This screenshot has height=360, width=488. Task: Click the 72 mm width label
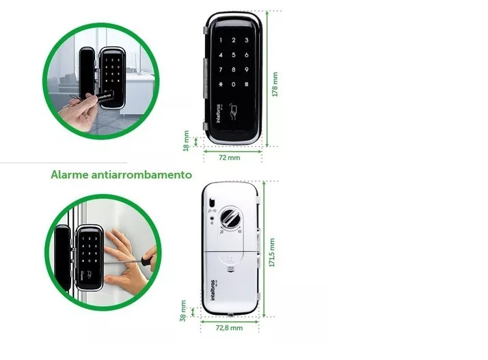[229, 158]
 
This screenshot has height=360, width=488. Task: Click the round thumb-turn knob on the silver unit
[230, 219]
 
